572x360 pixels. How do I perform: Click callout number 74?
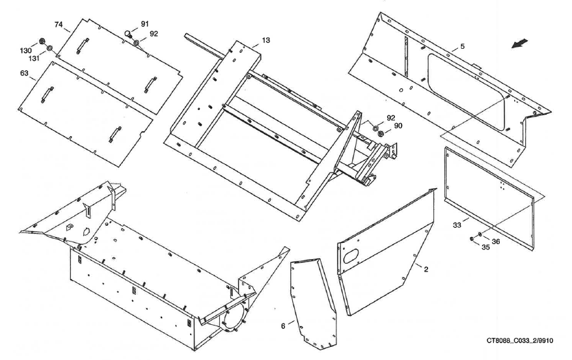tap(59, 25)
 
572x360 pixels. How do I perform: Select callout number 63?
tap(24, 74)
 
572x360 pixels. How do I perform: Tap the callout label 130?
tap(25, 50)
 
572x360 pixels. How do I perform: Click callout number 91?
tap(144, 24)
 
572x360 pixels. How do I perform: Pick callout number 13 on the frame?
tap(266, 40)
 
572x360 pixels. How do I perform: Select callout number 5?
tap(461, 46)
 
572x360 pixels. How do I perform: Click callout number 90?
tap(398, 126)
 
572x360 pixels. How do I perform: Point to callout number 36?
tap(496, 242)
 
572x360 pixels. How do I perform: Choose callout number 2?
tap(426, 269)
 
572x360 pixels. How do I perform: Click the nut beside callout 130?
tap(41, 42)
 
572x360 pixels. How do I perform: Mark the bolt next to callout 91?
tap(129, 35)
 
